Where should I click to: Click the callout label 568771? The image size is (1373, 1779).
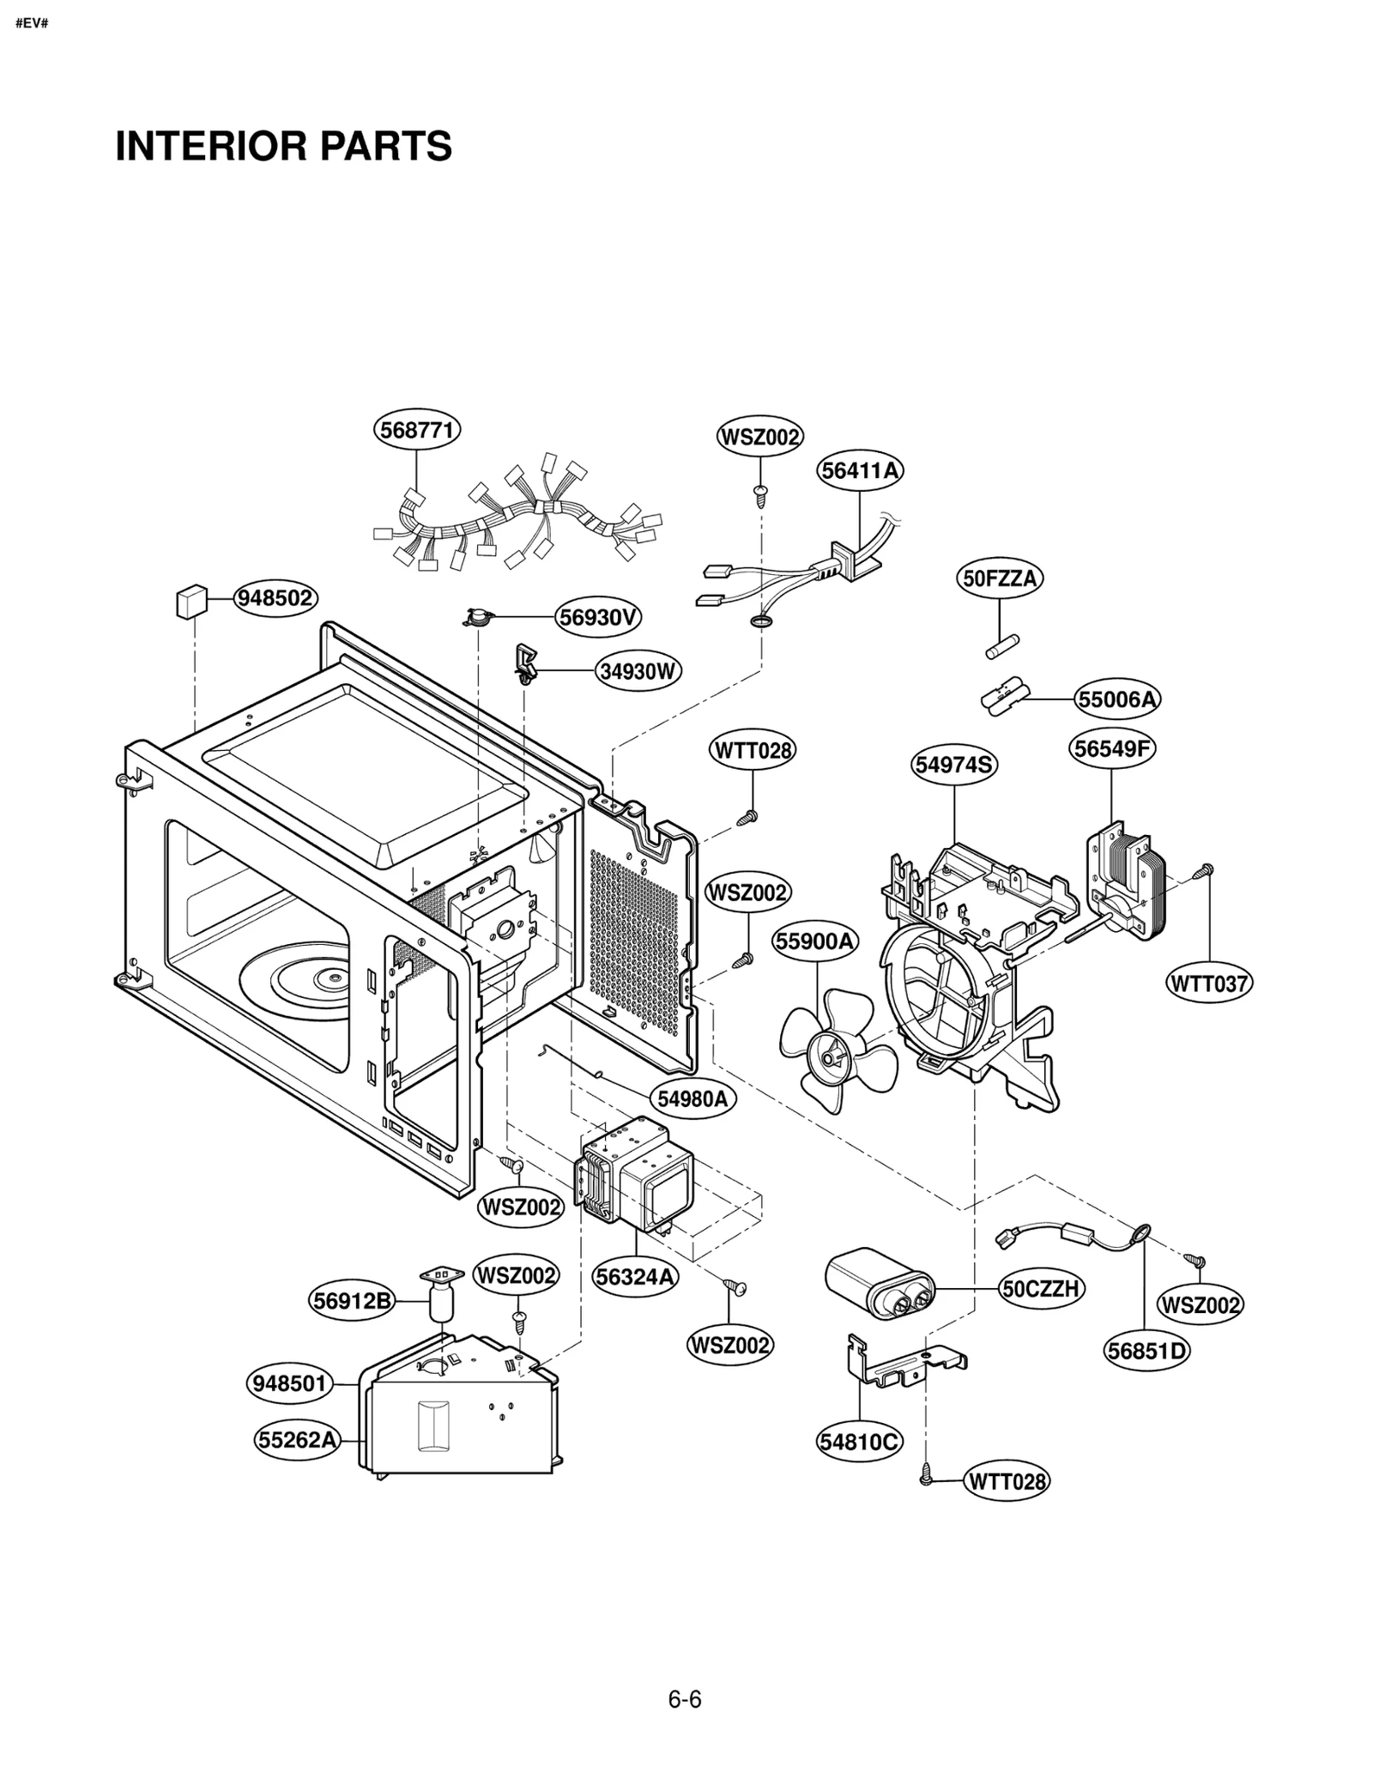click(417, 429)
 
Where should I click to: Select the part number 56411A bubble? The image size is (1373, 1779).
click(860, 470)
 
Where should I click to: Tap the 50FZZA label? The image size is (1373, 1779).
click(999, 578)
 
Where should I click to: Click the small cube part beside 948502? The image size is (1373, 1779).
click(191, 601)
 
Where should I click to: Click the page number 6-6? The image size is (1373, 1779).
click(685, 1699)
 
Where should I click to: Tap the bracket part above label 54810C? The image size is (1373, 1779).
click(901, 1365)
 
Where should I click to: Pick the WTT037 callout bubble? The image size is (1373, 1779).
click(1209, 983)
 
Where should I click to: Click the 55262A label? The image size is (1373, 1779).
click(297, 1439)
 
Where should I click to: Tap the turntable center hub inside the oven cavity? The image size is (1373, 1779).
click(330, 976)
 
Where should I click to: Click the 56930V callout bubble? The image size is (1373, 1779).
click(598, 617)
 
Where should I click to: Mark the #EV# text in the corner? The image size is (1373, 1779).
click(32, 23)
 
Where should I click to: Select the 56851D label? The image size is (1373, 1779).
click(1146, 1351)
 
